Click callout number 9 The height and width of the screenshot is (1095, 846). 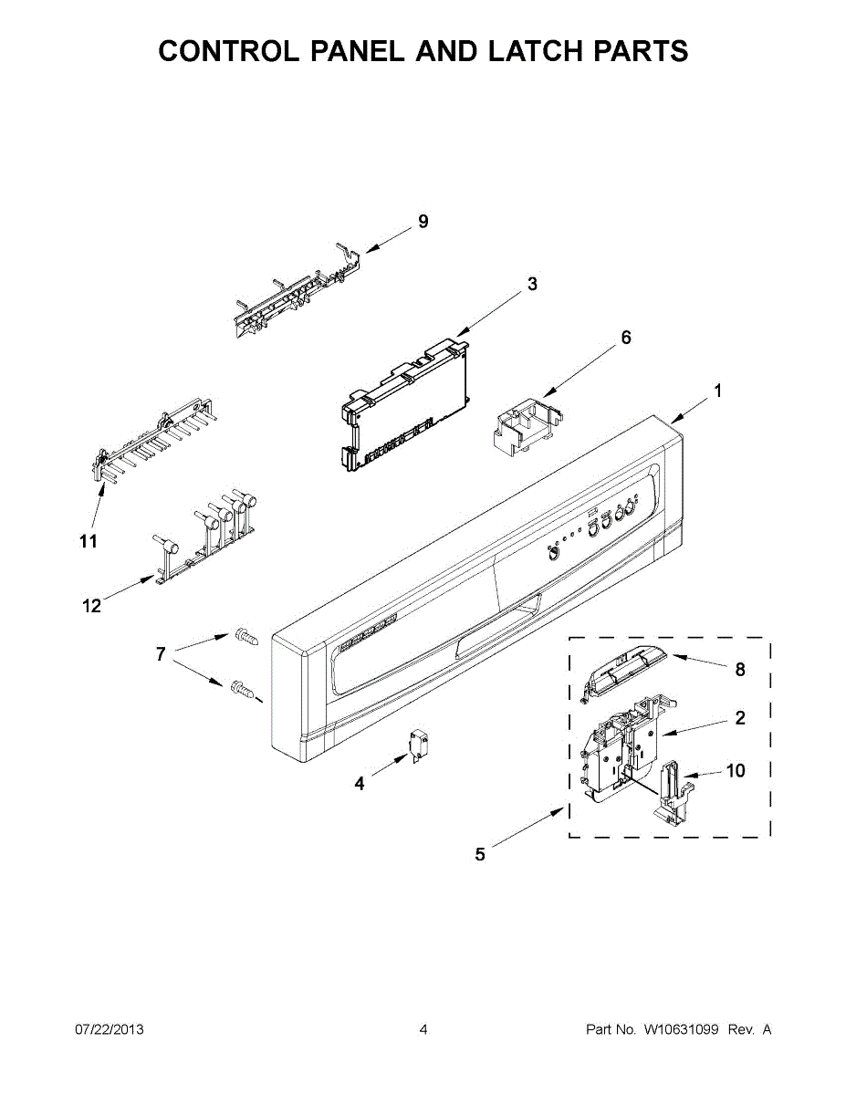[423, 221]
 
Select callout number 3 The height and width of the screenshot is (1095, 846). [532, 284]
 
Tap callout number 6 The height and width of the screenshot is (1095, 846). [626, 338]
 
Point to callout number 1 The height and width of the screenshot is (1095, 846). [718, 391]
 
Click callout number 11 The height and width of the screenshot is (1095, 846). [88, 541]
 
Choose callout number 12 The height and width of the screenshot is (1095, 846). [92, 605]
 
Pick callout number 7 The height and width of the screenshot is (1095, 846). [161, 654]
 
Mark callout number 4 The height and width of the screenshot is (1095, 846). [360, 783]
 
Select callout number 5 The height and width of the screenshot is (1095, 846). [480, 854]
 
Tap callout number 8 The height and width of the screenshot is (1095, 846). [740, 670]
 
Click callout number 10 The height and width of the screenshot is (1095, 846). [735, 771]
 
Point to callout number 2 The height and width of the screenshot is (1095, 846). [740, 718]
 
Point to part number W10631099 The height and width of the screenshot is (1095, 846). [683, 1029]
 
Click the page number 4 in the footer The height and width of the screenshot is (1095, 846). [423, 1029]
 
